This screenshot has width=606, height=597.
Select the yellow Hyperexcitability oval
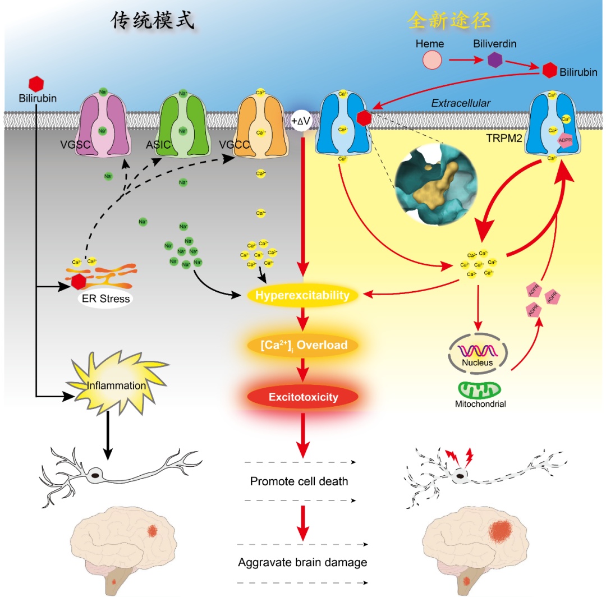(302, 295)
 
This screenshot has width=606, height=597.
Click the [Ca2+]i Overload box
(302, 345)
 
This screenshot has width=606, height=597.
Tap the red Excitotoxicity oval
(302, 397)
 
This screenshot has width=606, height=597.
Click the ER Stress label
(106, 298)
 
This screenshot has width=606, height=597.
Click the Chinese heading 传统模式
(152, 21)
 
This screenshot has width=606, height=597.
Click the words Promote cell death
(299, 481)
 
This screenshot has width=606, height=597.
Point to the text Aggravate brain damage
(302, 562)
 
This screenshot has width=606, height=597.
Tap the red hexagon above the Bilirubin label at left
(36, 84)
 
